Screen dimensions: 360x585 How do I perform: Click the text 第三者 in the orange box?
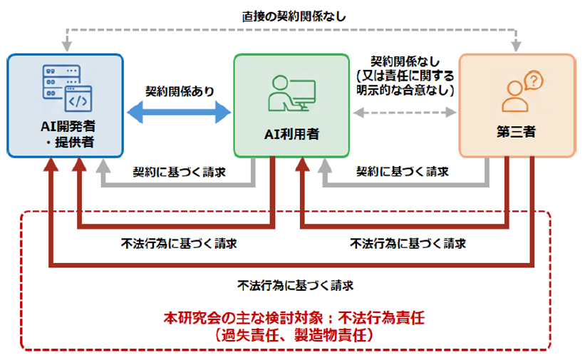tap(516, 132)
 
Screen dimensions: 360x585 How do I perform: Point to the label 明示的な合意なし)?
tap(405, 91)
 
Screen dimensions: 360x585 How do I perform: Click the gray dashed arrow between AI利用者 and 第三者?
tap(405, 112)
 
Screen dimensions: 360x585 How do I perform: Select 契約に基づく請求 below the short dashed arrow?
tap(403, 172)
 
